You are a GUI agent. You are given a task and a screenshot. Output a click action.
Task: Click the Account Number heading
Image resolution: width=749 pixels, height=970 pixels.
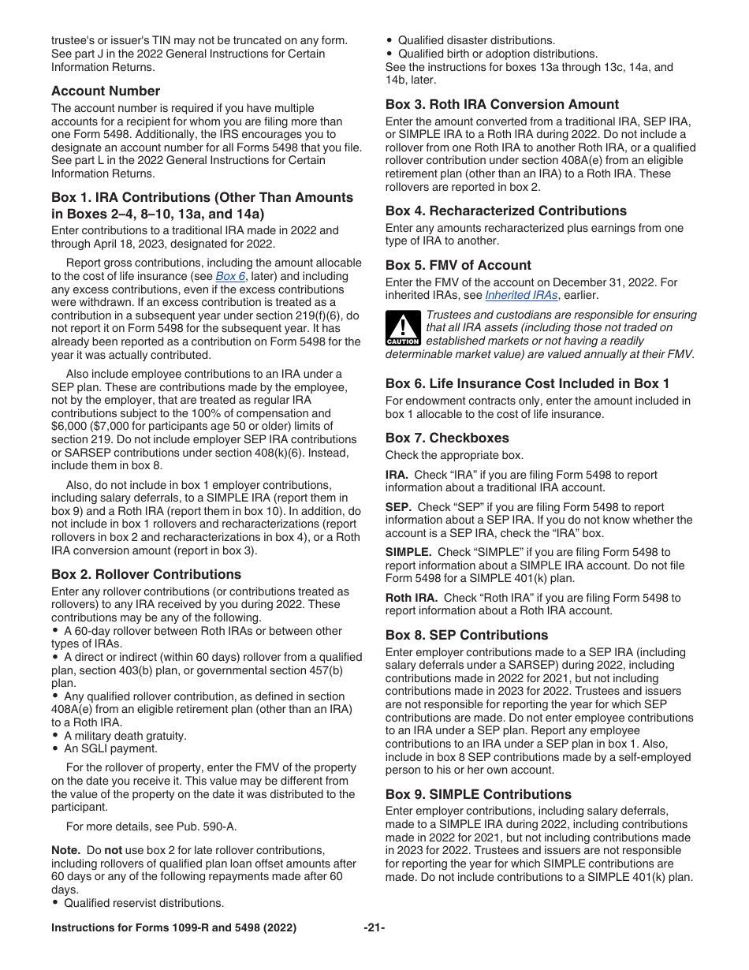tap(106, 91)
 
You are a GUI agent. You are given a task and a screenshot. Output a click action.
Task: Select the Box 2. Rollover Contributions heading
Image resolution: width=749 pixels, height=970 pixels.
tap(147, 574)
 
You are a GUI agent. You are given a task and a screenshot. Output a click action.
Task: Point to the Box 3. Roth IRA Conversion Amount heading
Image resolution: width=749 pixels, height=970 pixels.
tap(502, 104)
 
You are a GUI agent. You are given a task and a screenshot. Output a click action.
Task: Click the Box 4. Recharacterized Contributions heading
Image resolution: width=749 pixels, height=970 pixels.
tap(506, 211)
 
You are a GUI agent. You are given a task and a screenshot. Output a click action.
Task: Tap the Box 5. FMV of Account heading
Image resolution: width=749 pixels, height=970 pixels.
tap(458, 265)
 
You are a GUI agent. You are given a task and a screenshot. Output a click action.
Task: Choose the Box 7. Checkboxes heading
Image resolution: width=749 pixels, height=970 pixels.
tap(447, 438)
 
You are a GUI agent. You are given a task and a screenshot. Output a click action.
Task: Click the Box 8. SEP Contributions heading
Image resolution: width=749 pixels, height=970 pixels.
tap(467, 635)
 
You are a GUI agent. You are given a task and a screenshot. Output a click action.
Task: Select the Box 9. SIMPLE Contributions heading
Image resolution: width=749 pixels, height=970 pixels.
tap(479, 794)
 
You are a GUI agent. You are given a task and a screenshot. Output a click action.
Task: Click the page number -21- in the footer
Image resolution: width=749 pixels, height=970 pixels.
tap(374, 928)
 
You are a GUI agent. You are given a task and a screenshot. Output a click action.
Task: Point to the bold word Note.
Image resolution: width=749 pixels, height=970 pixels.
tap(66, 850)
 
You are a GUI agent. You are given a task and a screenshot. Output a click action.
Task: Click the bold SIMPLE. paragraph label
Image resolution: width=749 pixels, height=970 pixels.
tap(408, 552)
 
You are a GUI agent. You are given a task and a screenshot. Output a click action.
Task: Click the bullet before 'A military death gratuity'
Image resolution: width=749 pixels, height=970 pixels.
tap(56, 736)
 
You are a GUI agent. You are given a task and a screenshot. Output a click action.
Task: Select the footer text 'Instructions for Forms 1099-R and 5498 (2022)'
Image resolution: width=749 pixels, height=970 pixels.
tap(174, 928)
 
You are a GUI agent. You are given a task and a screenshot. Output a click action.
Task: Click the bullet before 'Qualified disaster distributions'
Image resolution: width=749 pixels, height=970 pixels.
tap(390, 40)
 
